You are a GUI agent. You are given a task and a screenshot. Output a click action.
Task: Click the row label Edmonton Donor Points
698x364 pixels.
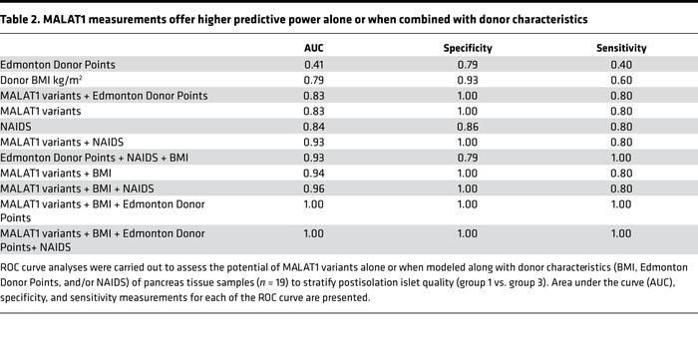tap(57, 65)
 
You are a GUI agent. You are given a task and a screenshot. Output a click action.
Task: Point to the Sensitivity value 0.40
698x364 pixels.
tap(622, 65)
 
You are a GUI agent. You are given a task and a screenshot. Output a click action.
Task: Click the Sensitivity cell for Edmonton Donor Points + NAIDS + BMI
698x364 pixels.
tap(622, 156)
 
